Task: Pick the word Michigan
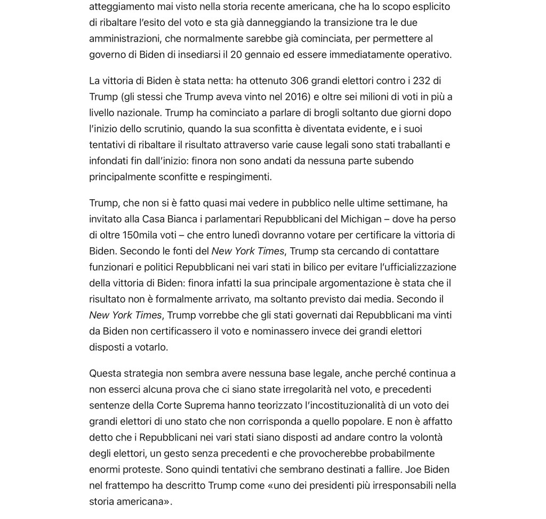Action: (361, 219)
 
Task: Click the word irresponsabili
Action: (390, 485)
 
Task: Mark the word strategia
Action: (143, 373)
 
